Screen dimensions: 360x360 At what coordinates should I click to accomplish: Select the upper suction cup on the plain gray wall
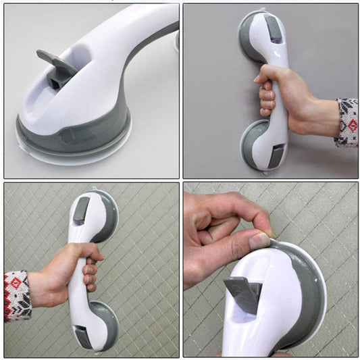257,34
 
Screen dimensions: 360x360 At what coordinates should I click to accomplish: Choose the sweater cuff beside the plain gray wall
347,122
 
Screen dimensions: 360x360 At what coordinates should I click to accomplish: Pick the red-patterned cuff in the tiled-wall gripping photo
17,295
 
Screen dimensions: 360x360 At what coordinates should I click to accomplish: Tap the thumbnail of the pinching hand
260,240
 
